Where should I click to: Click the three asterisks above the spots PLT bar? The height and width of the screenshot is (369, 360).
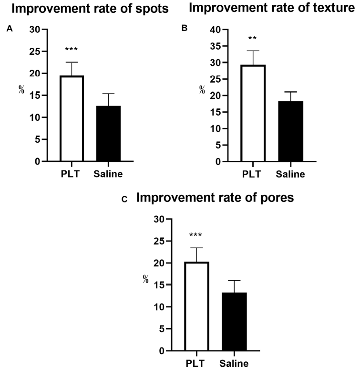click(72, 49)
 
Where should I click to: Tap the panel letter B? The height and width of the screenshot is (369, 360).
click(185, 29)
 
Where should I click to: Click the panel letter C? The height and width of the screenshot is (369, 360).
click(125, 200)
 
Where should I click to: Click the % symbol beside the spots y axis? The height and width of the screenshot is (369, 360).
click(21, 89)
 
